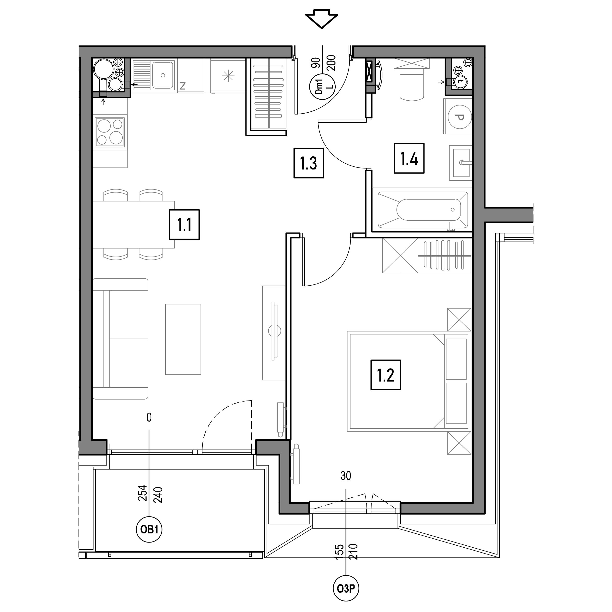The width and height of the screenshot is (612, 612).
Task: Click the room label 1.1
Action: pyautogui.click(x=184, y=224)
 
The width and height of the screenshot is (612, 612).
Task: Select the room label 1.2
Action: pyautogui.click(x=386, y=375)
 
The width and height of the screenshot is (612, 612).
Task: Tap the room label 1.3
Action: pyautogui.click(x=308, y=163)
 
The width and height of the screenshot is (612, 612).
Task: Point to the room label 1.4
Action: pyautogui.click(x=409, y=158)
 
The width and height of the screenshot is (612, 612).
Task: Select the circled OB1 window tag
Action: pyautogui.click(x=149, y=529)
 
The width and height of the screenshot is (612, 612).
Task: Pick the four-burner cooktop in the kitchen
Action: pyautogui.click(x=110, y=131)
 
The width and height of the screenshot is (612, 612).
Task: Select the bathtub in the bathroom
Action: pyautogui.click(x=423, y=209)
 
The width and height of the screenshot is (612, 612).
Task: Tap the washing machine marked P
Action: pyautogui.click(x=458, y=116)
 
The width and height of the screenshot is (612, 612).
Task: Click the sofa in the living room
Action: pyautogui.click(x=121, y=339)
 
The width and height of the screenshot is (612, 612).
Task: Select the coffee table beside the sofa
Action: pyautogui.click(x=183, y=339)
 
